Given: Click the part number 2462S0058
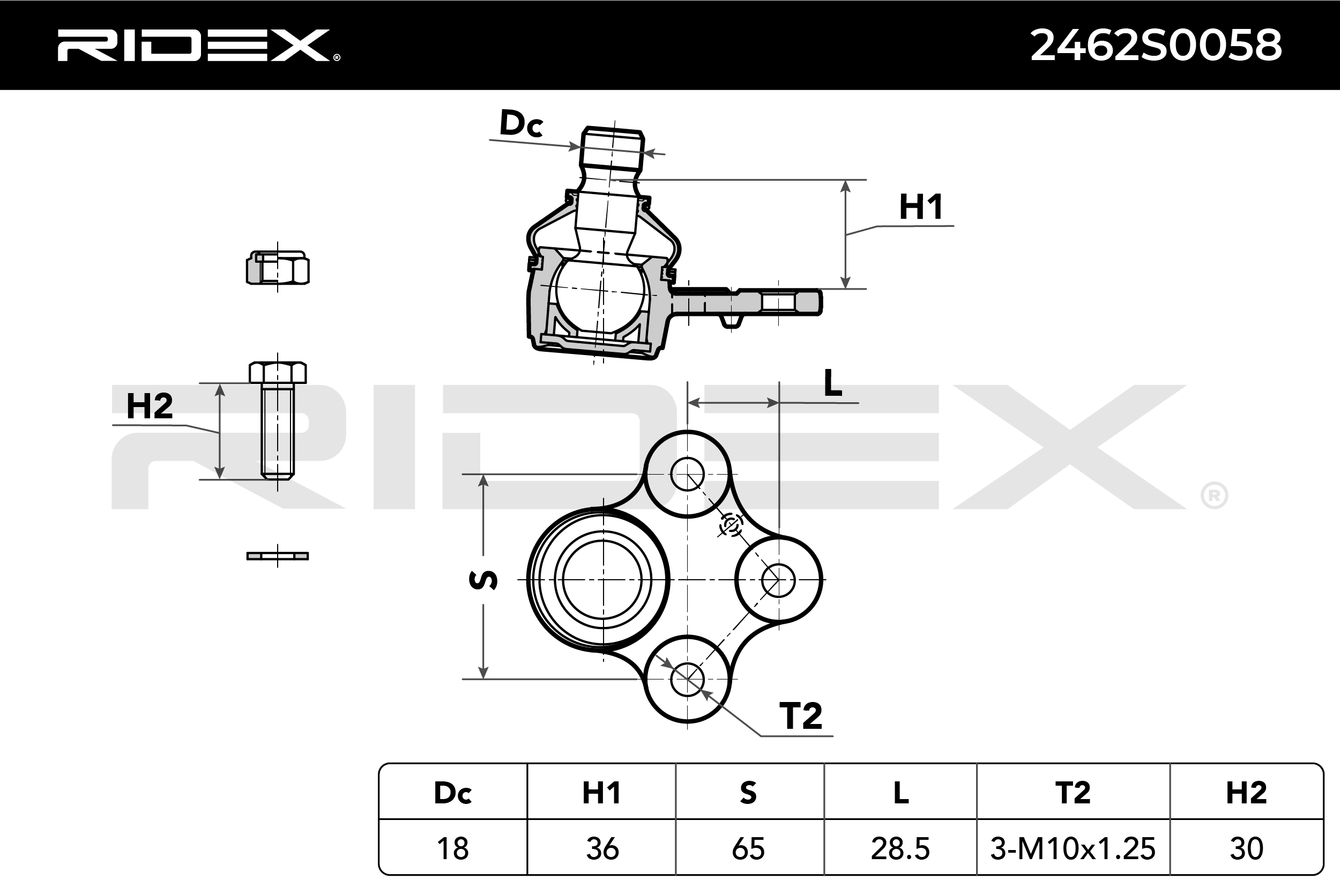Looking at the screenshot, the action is pyautogui.click(x=1156, y=45).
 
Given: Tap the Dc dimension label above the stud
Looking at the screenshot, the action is pyautogui.click(x=521, y=123).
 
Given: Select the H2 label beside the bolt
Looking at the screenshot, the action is pyautogui.click(x=149, y=406).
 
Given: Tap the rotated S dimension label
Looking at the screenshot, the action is pyautogui.click(x=483, y=580).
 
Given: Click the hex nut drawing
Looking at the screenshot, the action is pyautogui.click(x=278, y=268).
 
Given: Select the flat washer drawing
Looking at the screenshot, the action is pyautogui.click(x=278, y=556).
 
